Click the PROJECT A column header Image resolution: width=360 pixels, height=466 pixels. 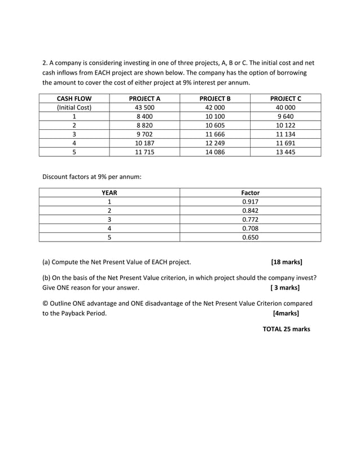(144, 98)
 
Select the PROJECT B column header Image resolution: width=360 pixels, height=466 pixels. (215, 98)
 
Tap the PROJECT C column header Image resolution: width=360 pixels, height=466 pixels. (286, 98)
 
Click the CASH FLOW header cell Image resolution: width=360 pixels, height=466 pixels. (74, 98)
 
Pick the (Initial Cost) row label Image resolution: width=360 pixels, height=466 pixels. (74, 107)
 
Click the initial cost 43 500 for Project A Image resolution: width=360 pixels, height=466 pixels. (144, 107)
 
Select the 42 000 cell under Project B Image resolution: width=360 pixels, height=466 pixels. (215, 107)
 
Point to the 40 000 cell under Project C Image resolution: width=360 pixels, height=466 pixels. (286, 107)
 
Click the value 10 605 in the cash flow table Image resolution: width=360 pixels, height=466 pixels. (215, 125)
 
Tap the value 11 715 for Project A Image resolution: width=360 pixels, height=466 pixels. (144, 152)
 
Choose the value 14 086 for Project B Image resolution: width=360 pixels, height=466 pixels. (215, 152)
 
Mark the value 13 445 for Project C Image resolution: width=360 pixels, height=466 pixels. (286, 152)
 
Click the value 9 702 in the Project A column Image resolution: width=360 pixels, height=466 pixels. (144, 134)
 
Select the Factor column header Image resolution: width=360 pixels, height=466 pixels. (250, 192)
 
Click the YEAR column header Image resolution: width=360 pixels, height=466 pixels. (109, 192)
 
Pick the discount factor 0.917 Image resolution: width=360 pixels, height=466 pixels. (250, 201)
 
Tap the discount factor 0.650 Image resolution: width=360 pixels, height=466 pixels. (250, 238)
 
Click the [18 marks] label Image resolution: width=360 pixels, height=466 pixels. (286, 262)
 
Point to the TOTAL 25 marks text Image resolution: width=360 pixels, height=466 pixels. (286, 329)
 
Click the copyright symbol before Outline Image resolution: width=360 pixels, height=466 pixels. (46, 303)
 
